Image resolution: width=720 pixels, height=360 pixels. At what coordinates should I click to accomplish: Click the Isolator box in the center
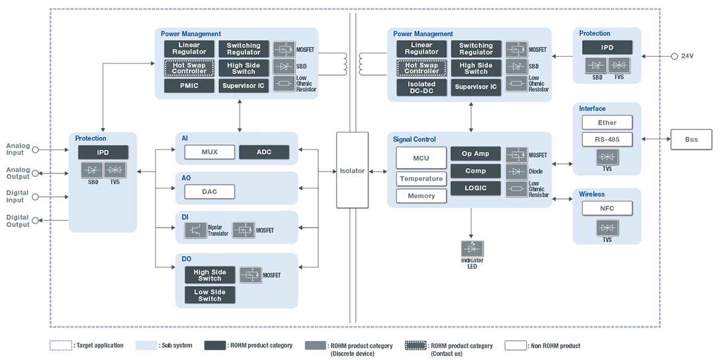point(352,170)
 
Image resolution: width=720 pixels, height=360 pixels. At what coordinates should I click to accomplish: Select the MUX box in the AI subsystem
point(210,151)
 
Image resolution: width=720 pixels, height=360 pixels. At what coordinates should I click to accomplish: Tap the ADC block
point(263,151)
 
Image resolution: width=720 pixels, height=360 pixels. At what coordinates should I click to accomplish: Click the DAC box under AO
point(210,192)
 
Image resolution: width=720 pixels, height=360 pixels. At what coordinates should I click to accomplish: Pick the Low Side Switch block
point(210,295)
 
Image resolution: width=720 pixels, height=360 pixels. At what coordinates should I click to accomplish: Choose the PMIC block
point(189,86)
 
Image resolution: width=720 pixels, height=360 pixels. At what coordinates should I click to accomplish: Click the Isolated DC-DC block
point(422,87)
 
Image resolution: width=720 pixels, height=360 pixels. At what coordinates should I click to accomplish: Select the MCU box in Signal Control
point(421,158)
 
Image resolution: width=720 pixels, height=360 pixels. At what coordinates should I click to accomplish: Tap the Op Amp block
point(476,153)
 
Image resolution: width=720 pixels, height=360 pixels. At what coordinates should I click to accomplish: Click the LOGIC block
point(476,188)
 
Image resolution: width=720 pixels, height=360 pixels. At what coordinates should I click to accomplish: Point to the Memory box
point(421,196)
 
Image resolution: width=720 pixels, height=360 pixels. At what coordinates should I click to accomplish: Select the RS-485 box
point(607,139)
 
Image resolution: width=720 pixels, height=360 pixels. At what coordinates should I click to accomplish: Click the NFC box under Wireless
point(607,208)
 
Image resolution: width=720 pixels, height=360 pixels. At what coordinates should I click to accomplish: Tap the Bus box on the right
point(691,140)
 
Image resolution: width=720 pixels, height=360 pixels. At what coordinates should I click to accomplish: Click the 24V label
point(687,56)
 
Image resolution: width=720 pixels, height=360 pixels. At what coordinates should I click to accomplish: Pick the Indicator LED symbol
point(472,249)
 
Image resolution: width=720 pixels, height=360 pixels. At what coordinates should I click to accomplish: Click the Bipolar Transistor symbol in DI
point(196,231)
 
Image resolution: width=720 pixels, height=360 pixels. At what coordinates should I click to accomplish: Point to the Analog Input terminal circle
point(35,150)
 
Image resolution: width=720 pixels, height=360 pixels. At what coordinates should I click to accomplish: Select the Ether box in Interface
point(607,122)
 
